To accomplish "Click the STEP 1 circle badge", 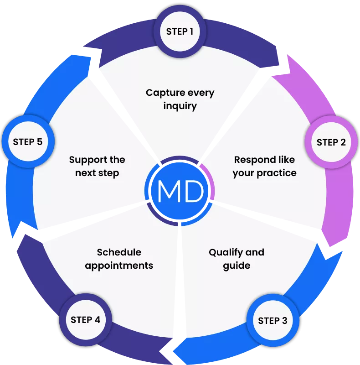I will tap(180, 31).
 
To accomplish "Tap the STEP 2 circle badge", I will tap(331, 142).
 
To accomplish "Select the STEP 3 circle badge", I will tap(273, 320).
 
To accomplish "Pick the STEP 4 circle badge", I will tap(85, 319).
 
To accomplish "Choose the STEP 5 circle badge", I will tap(28, 141).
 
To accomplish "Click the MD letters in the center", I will tap(180, 192).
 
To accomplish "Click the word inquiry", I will tap(180, 106).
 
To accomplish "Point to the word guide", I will tap(237, 265).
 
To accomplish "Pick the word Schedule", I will tap(119, 252).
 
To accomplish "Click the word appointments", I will tap(119, 265).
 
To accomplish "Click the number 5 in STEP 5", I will tap(40, 141).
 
